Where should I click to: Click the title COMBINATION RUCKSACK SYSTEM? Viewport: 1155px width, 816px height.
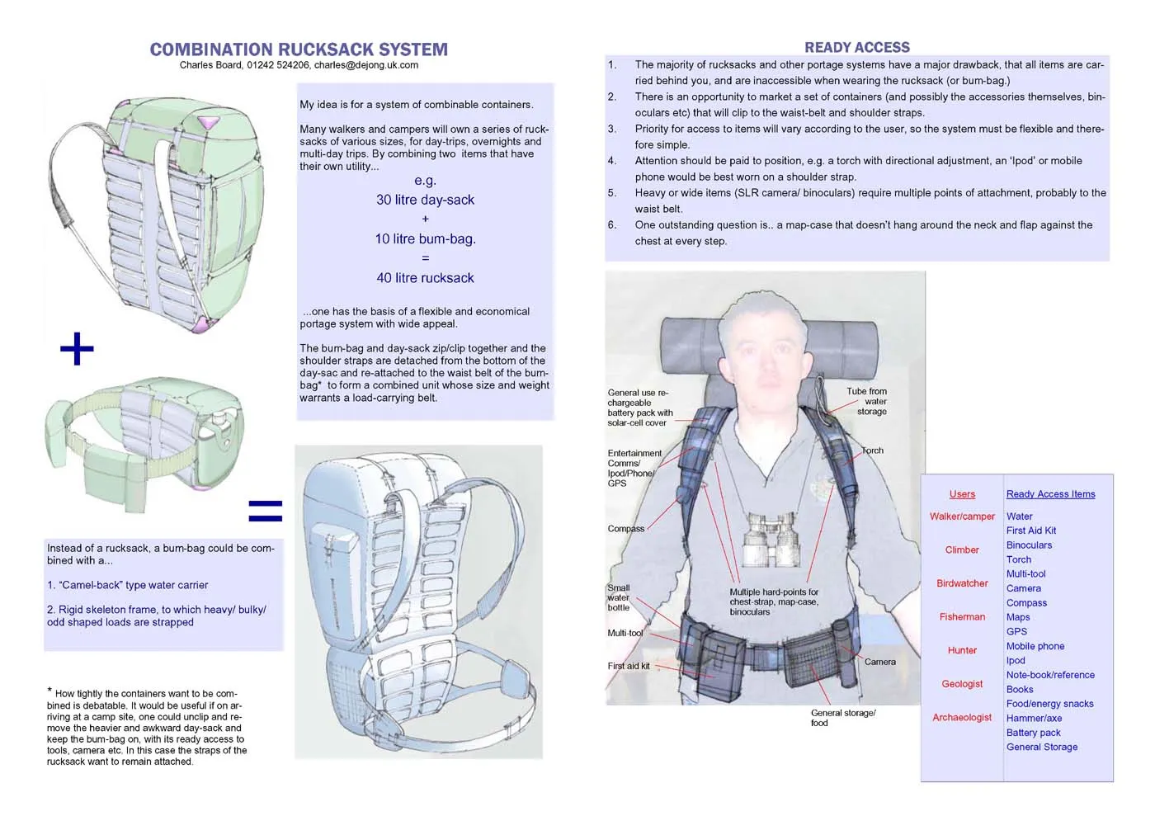[x=299, y=50]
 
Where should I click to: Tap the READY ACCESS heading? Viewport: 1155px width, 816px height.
[x=857, y=48]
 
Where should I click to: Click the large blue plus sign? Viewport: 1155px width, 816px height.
[x=77, y=349]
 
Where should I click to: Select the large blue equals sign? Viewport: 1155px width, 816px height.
[x=265, y=511]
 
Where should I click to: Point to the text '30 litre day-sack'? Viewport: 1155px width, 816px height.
[x=425, y=200]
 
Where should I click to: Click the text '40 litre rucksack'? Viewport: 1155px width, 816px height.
[x=425, y=278]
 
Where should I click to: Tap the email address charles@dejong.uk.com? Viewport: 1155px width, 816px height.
[x=365, y=65]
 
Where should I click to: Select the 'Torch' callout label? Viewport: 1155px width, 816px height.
[x=872, y=450]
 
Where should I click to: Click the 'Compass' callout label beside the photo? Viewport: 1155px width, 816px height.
[x=625, y=529]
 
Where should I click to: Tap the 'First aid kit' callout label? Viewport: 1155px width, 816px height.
[x=628, y=666]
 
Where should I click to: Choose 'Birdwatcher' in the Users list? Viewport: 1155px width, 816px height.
[x=962, y=583]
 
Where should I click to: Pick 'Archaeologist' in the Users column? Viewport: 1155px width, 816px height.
[x=962, y=717]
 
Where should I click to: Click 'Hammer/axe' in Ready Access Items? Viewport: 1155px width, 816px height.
[x=1034, y=718]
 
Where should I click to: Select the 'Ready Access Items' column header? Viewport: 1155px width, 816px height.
[x=1050, y=494]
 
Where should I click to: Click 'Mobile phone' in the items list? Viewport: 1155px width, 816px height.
[x=1035, y=646]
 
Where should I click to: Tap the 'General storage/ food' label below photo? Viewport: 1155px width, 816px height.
[x=842, y=717]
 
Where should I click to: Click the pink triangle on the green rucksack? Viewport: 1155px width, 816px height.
[x=209, y=123]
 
